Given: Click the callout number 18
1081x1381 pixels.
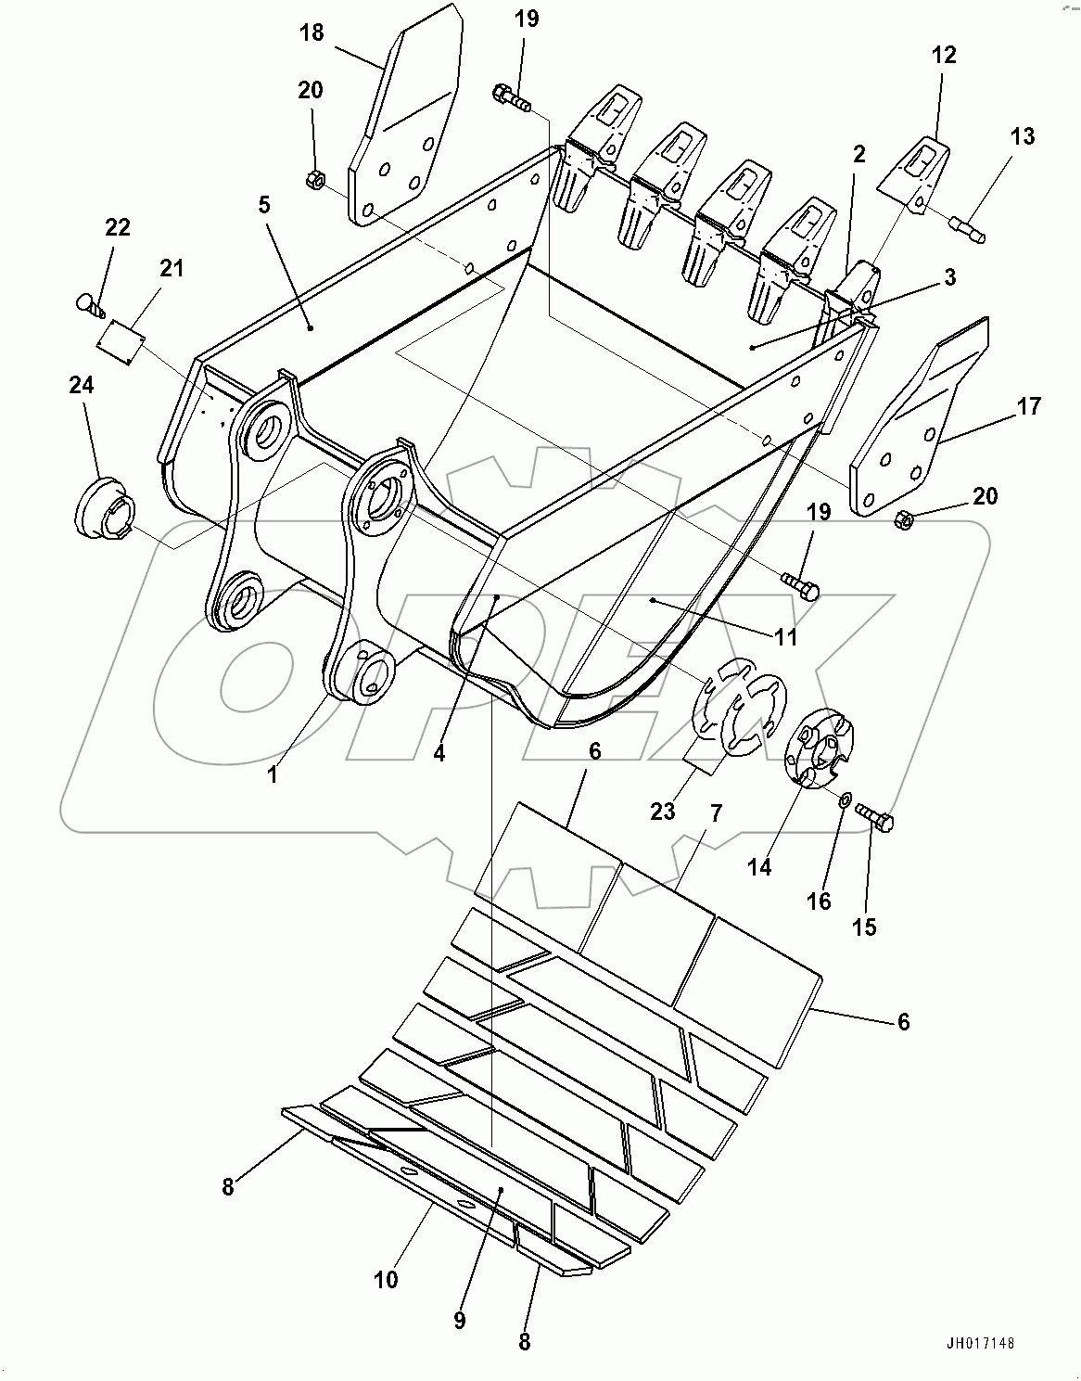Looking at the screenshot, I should point(312,32).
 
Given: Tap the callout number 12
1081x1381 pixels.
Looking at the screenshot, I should point(944,55).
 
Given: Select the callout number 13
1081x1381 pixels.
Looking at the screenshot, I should point(1023,136).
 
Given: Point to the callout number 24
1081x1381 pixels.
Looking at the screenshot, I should point(82,385).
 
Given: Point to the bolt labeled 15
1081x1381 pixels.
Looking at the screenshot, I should point(876,818).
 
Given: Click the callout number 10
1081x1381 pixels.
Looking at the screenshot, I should point(386,1279).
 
